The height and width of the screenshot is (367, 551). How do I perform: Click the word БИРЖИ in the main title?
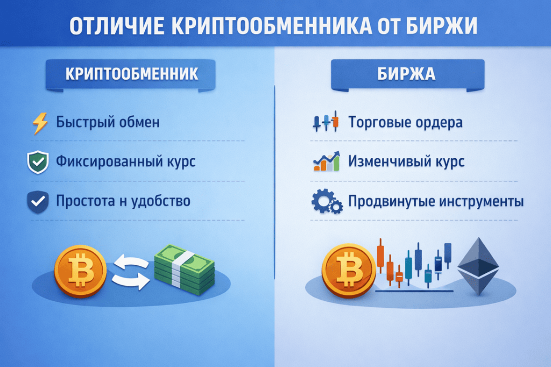(441, 26)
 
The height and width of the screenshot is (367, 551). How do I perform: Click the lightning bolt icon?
(40, 123)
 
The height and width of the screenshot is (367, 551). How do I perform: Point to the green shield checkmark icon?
(38, 162)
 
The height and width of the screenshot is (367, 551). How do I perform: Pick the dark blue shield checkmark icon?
(38, 202)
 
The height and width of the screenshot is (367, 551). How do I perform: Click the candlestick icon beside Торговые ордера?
(326, 122)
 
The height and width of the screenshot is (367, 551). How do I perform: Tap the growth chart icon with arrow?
(327, 161)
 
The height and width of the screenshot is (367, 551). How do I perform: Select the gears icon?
(327, 201)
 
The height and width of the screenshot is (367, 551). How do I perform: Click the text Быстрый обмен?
(108, 122)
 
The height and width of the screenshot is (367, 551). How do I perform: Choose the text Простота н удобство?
(123, 201)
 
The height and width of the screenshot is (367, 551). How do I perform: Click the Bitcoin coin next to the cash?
(81, 271)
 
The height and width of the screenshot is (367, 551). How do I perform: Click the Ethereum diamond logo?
(478, 266)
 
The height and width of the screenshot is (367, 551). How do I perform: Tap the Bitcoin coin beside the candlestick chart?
(349, 271)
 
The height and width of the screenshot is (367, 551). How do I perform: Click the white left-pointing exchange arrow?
(131, 263)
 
